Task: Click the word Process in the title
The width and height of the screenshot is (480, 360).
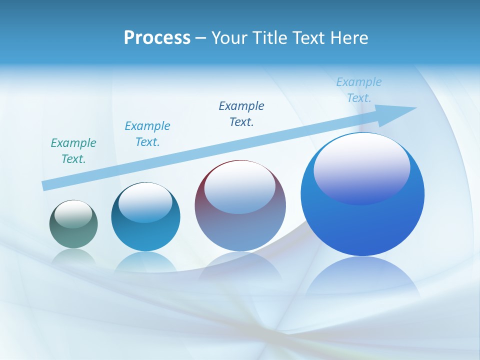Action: pyautogui.click(x=157, y=37)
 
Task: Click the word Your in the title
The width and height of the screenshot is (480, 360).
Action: pyautogui.click(x=230, y=37)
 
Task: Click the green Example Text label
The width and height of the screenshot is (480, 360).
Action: pyautogui.click(x=73, y=151)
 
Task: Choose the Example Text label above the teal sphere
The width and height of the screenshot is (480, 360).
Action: pyautogui.click(x=147, y=134)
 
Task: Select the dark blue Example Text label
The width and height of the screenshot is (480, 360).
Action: pyautogui.click(x=241, y=113)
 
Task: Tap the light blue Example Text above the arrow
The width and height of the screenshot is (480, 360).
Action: pyautogui.click(x=359, y=90)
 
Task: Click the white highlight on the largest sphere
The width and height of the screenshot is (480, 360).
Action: pyautogui.click(x=362, y=167)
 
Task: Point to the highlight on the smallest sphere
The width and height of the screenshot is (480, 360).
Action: pyautogui.click(x=73, y=214)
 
